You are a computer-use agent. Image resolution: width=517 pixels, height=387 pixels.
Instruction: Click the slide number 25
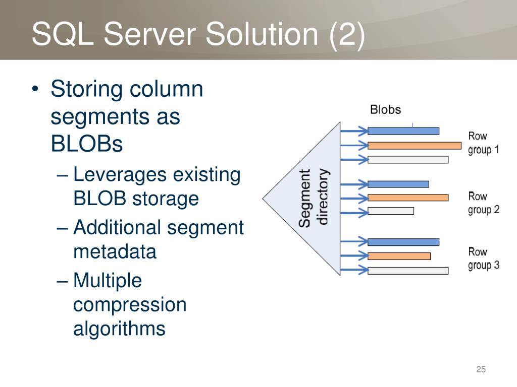click(481, 370)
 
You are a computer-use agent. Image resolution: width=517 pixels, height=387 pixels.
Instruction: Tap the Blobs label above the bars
click(385, 109)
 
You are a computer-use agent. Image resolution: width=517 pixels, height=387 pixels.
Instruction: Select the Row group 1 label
click(483, 143)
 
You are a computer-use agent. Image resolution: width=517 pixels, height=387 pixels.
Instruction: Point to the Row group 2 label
click(483, 203)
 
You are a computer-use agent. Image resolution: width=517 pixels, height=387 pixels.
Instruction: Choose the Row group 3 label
click(483, 258)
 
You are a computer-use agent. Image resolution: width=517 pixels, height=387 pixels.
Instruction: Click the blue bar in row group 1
click(403, 131)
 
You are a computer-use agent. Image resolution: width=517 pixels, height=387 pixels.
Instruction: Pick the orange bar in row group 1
click(414, 146)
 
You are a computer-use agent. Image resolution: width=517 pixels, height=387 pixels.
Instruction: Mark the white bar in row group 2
click(390, 211)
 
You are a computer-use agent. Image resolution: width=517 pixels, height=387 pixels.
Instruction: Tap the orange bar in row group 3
click(399, 256)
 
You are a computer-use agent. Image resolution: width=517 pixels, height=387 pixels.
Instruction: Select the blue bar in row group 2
click(398, 184)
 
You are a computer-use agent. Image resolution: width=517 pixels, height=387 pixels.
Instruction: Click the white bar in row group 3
click(408, 271)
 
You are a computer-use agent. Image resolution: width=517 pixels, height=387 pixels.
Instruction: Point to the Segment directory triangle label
click(314, 198)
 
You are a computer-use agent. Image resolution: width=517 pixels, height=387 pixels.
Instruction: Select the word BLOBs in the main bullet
click(87, 145)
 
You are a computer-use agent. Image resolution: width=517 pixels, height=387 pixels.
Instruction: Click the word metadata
click(115, 251)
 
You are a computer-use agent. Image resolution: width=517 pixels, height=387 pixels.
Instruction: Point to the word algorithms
click(119, 329)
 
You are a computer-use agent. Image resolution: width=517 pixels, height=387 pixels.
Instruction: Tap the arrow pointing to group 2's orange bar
click(354, 198)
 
